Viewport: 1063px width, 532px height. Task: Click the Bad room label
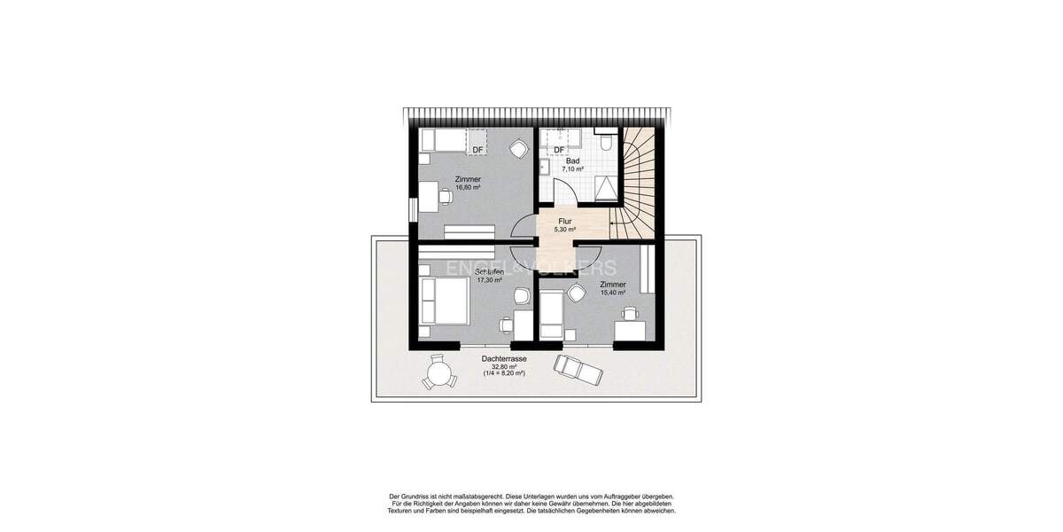573,160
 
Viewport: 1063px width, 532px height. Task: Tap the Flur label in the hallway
564,222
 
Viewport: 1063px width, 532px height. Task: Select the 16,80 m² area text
468,187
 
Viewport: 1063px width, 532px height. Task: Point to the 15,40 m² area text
613,293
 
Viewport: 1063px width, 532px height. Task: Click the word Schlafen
489,271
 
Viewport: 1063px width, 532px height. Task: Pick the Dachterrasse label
504,358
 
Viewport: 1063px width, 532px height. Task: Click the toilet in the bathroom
606,142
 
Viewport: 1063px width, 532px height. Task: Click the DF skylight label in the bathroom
559,150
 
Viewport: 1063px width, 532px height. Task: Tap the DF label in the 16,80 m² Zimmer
477,150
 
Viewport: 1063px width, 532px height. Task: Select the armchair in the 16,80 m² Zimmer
516,150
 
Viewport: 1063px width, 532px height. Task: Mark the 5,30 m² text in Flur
564,230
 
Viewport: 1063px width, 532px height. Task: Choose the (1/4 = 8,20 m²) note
504,373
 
